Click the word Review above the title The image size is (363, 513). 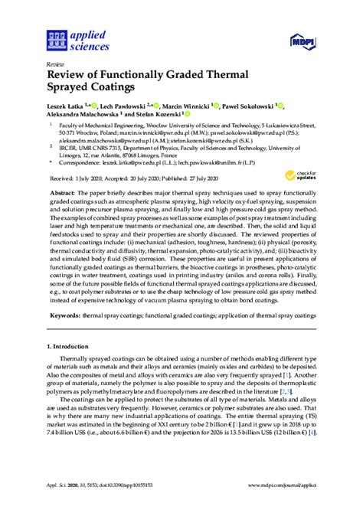56,64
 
